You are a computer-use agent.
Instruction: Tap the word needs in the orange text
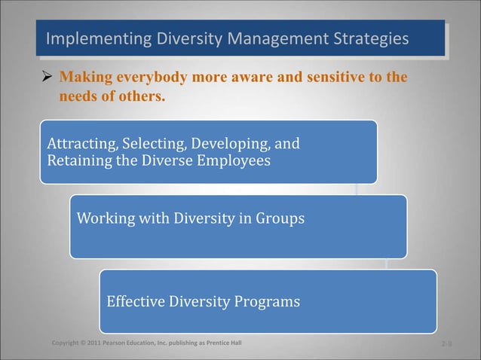point(78,96)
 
